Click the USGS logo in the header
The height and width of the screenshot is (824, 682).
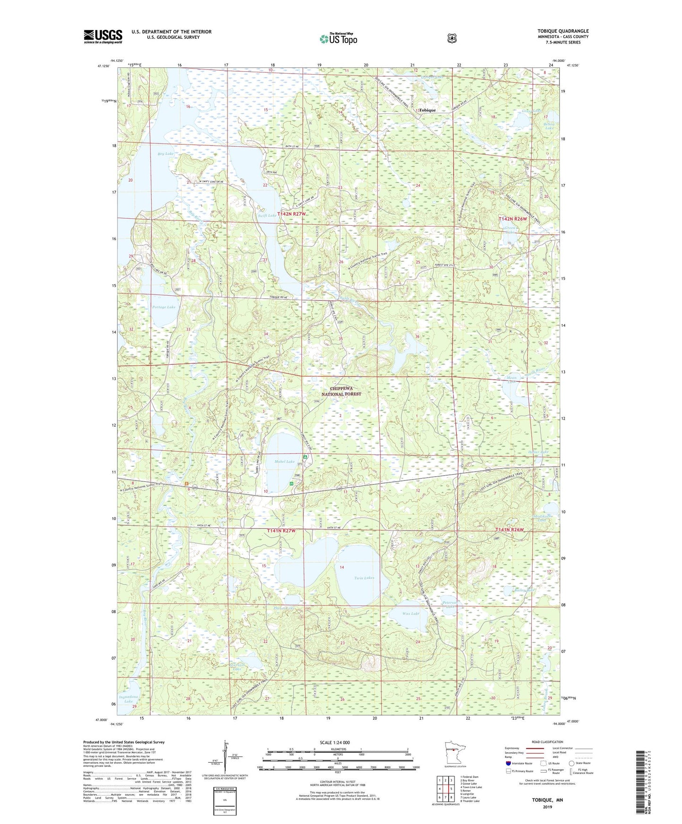click(x=103, y=36)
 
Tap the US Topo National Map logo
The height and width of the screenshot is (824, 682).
click(x=338, y=39)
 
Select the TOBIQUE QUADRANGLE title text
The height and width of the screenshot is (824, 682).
click(x=563, y=31)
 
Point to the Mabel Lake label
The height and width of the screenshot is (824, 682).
click(x=284, y=462)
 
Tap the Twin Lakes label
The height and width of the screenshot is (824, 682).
click(x=364, y=578)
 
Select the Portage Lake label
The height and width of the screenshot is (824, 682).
click(x=164, y=307)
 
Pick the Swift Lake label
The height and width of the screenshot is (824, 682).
click(x=267, y=216)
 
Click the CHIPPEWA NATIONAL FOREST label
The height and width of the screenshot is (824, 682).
click(x=341, y=391)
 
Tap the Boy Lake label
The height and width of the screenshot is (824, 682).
click(x=165, y=154)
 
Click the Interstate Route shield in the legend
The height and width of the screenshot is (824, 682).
click(x=508, y=763)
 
